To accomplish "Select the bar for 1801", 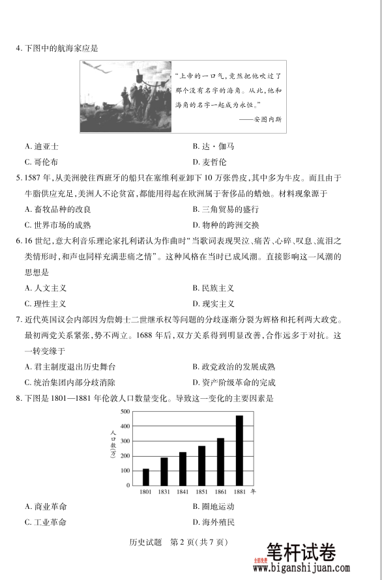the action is coord(146,477).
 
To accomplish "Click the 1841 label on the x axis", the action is coord(183,491).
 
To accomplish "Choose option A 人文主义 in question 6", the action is coord(46,287).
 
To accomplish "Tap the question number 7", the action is coord(18,320).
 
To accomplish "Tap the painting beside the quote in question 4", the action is coord(126,96).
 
